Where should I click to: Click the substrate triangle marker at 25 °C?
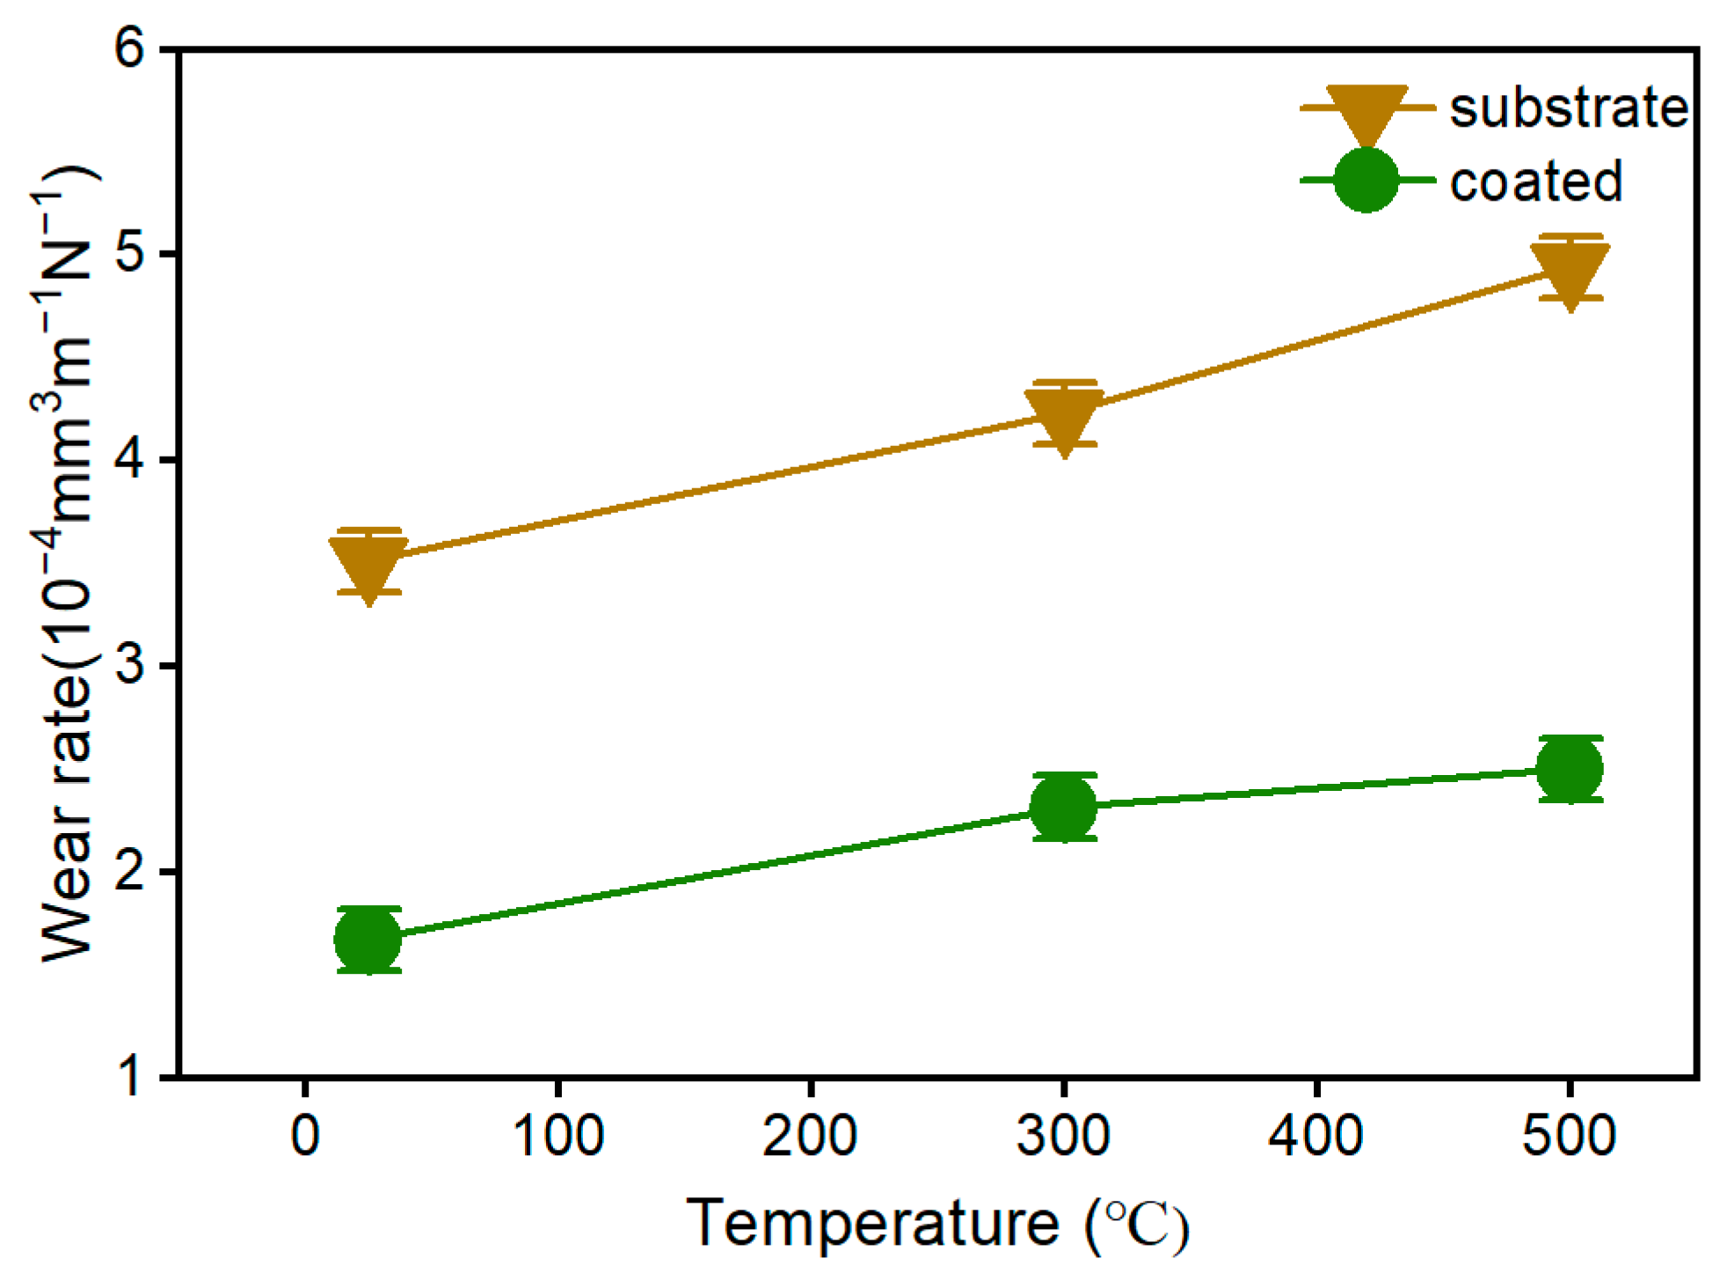(368, 563)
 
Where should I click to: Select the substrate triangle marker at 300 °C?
(1064, 416)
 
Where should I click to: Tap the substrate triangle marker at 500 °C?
(1570, 270)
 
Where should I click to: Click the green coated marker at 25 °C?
(368, 940)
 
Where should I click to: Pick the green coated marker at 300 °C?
(1064, 807)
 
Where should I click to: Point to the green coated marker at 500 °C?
(1570, 769)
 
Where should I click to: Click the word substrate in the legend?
(1569, 108)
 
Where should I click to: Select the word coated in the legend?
(1535, 181)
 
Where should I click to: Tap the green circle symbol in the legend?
(1366, 180)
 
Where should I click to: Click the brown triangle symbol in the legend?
(1366, 113)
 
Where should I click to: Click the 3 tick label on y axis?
(129, 665)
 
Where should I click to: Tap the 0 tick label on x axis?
(305, 1136)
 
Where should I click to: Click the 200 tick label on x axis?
(810, 1136)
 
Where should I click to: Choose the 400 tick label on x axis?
(1315, 1136)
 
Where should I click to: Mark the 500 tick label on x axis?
(1569, 1136)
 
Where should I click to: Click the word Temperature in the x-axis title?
(873, 1224)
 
